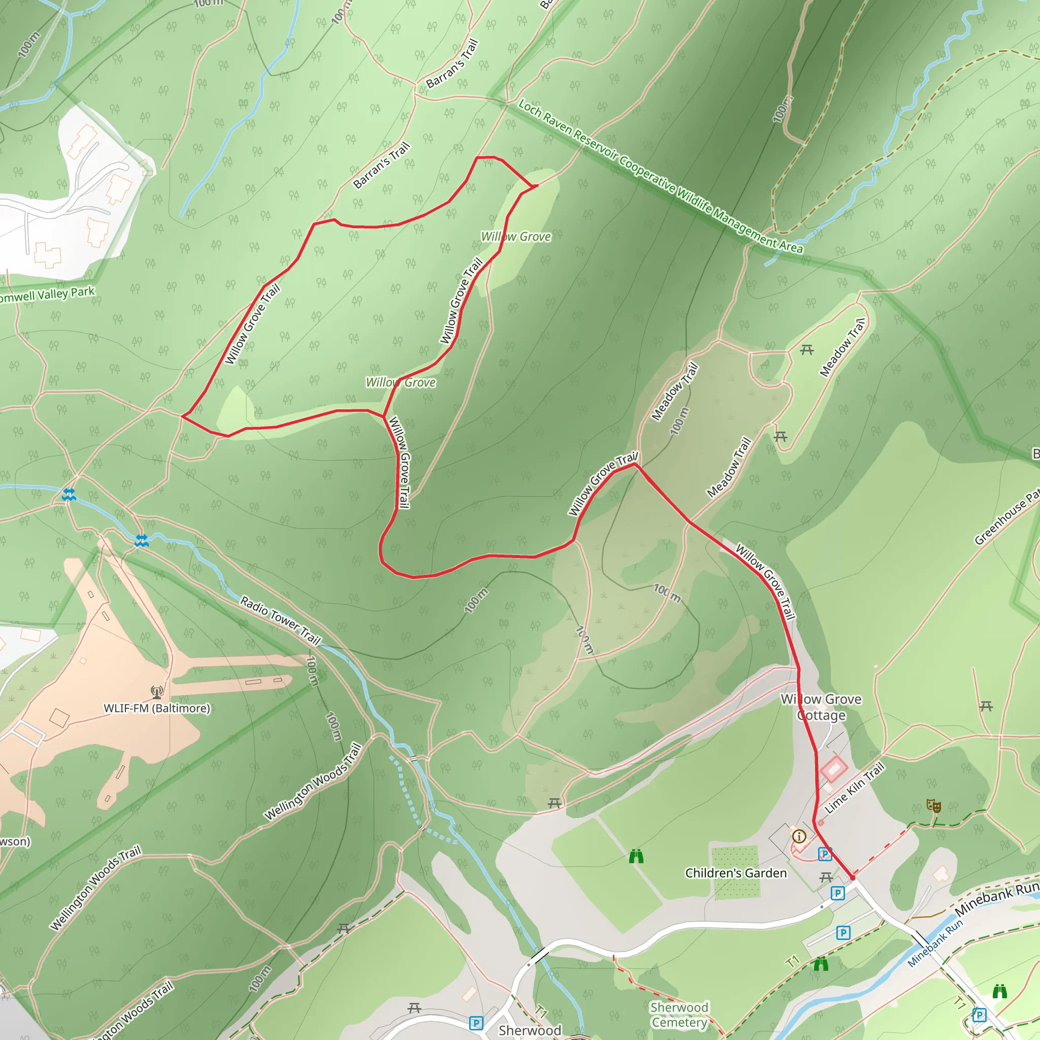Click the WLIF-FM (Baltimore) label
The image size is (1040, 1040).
pos(156,708)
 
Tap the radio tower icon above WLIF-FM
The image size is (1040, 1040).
pos(156,692)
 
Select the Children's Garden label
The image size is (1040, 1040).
pos(735,873)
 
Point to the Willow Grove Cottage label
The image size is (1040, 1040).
pos(821,707)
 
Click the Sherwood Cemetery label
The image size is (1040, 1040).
pos(679,1015)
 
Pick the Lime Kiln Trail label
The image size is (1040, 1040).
pos(854,788)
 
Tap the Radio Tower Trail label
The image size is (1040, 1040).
pos(280,620)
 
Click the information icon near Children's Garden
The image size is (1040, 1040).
pos(799,836)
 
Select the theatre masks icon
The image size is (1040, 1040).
pos(934,806)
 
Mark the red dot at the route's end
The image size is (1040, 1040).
pos(853,878)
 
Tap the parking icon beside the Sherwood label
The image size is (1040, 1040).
pos(476,1023)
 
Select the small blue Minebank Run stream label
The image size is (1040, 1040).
pos(935,943)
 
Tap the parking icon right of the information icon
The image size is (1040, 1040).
pos(825,854)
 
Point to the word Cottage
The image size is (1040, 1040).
pos(821,716)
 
